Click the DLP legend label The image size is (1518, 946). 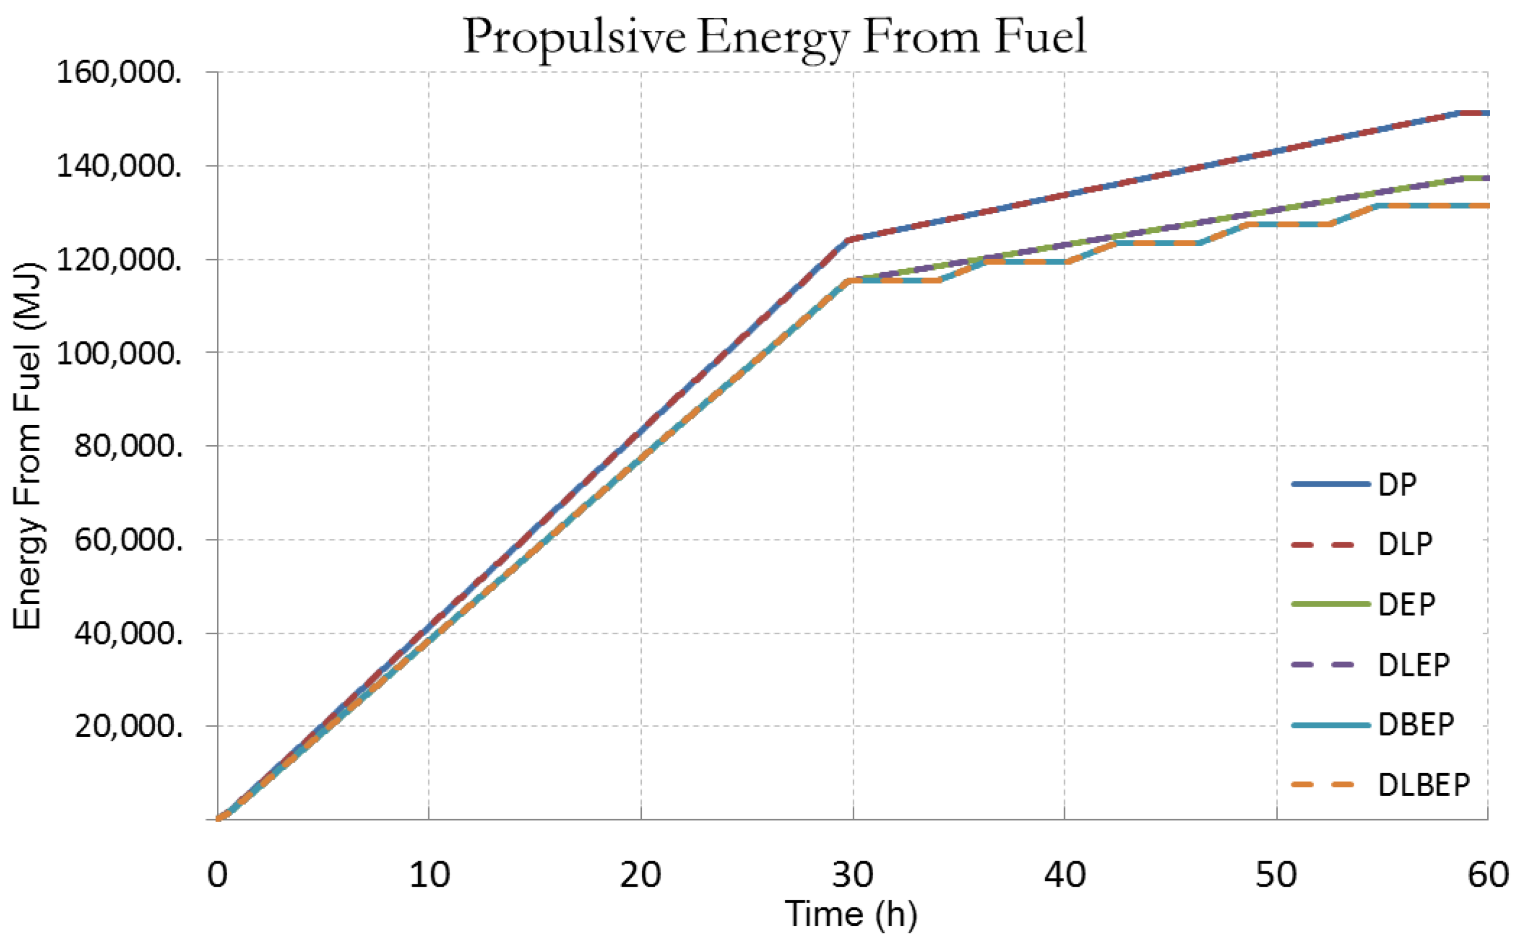[x=1405, y=544]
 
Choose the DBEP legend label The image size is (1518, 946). [x=1415, y=724]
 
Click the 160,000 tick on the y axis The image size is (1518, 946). [x=119, y=73]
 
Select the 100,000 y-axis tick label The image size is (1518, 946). [x=119, y=353]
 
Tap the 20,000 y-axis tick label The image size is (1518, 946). [x=128, y=727]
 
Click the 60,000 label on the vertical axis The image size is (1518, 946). [x=128, y=540]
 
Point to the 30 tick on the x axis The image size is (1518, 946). [x=852, y=875]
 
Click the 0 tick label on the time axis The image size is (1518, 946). [x=217, y=875]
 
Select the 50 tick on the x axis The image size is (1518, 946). [x=1276, y=875]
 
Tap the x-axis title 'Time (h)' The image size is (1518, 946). [x=851, y=913]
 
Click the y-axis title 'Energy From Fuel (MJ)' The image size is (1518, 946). [x=28, y=447]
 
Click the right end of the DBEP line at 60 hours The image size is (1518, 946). [x=1486, y=205]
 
